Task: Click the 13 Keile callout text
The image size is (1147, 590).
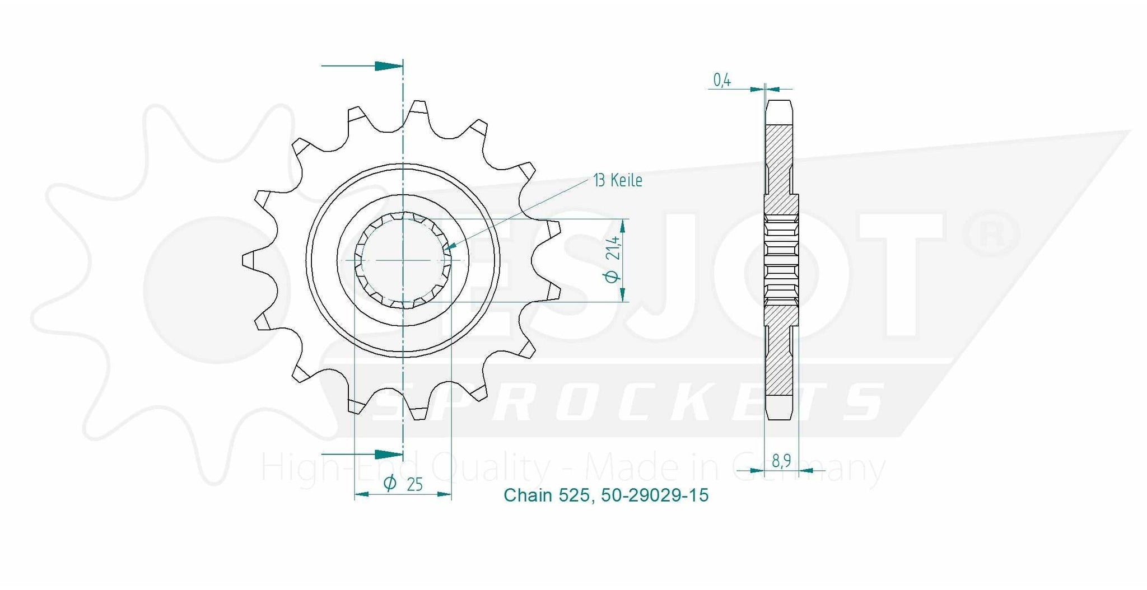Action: tap(618, 180)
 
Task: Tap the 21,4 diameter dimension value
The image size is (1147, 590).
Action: tap(613, 248)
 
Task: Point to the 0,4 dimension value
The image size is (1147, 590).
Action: tap(722, 81)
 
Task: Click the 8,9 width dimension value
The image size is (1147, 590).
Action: tap(781, 461)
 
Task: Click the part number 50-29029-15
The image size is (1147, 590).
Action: tap(655, 495)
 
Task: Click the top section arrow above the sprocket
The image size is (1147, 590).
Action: tap(362, 65)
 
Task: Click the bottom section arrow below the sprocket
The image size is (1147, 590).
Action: tap(362, 453)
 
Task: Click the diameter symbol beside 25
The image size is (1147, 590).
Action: tap(391, 483)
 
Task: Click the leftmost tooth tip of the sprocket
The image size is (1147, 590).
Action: tap(245, 260)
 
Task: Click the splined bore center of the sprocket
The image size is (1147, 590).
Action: tap(403, 260)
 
